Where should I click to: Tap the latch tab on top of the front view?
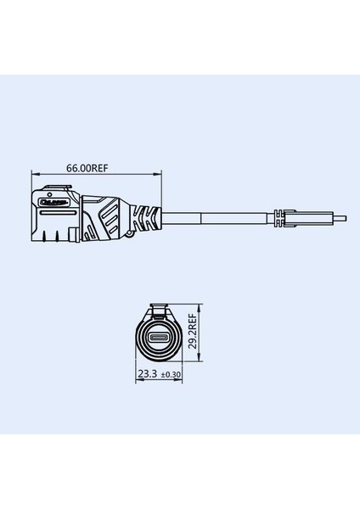tap(157, 307)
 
